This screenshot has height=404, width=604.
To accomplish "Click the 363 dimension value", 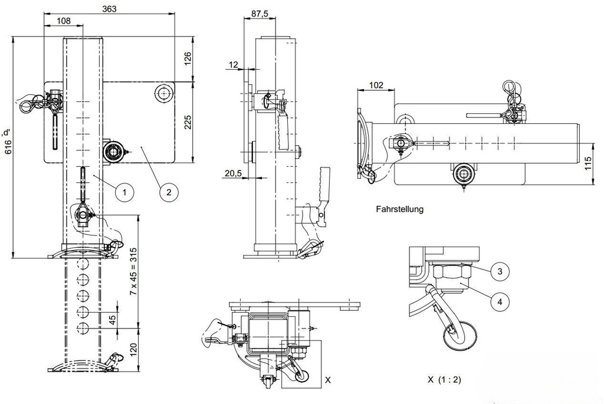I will click(109, 8).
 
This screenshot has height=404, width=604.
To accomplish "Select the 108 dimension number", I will click(63, 21).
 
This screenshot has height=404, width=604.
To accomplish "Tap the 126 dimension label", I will click(188, 58).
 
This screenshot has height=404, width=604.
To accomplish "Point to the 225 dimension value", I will click(188, 121).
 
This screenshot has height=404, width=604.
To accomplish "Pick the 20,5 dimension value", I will click(234, 172).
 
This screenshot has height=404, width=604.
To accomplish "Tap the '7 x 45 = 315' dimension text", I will click(133, 271).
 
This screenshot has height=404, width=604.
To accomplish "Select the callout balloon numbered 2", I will click(168, 191).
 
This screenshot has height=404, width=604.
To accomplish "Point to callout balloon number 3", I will click(500, 271).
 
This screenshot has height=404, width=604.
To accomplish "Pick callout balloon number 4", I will click(500, 301).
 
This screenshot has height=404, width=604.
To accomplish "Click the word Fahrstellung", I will click(399, 209).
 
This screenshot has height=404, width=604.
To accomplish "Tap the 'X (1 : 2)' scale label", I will click(445, 380).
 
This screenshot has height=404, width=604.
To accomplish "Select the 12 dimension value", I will click(234, 64).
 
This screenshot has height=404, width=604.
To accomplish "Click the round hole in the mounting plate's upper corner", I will click(163, 93).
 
